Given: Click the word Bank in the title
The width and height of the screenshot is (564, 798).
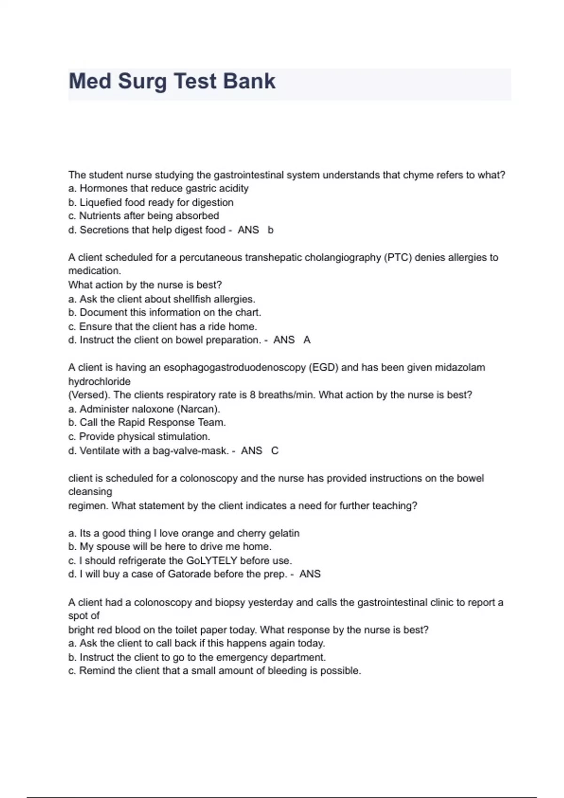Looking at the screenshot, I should (249, 81).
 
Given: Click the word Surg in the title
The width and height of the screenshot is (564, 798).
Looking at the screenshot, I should (142, 81).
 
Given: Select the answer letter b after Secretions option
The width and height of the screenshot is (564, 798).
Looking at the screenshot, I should (270, 230).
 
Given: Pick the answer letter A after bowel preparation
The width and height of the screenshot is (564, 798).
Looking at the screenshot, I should (307, 340).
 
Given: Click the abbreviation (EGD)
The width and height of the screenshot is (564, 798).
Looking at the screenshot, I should (323, 368).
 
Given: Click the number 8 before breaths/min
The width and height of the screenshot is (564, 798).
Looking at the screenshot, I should (252, 395).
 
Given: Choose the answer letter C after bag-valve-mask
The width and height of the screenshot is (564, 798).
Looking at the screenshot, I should (274, 451).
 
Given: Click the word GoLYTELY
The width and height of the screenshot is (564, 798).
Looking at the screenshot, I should (211, 560).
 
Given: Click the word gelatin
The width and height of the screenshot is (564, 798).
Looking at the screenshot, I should (284, 533).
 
